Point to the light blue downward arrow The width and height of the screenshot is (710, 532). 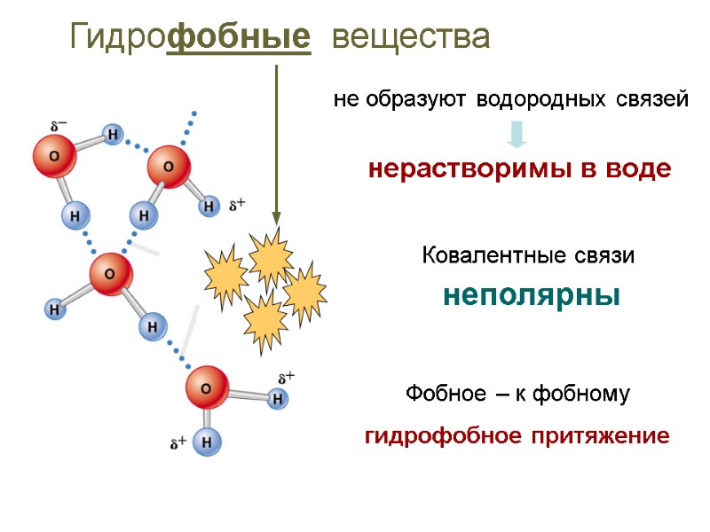518,134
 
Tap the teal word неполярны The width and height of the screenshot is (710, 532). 531,294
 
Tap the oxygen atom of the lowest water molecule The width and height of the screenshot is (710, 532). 207,387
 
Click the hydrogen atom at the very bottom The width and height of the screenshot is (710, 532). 206,442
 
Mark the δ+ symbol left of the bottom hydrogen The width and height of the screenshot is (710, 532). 177,441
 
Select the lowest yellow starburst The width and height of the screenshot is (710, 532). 264,323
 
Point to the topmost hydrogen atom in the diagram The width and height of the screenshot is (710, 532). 113,135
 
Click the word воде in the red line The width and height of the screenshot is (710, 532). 635,169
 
